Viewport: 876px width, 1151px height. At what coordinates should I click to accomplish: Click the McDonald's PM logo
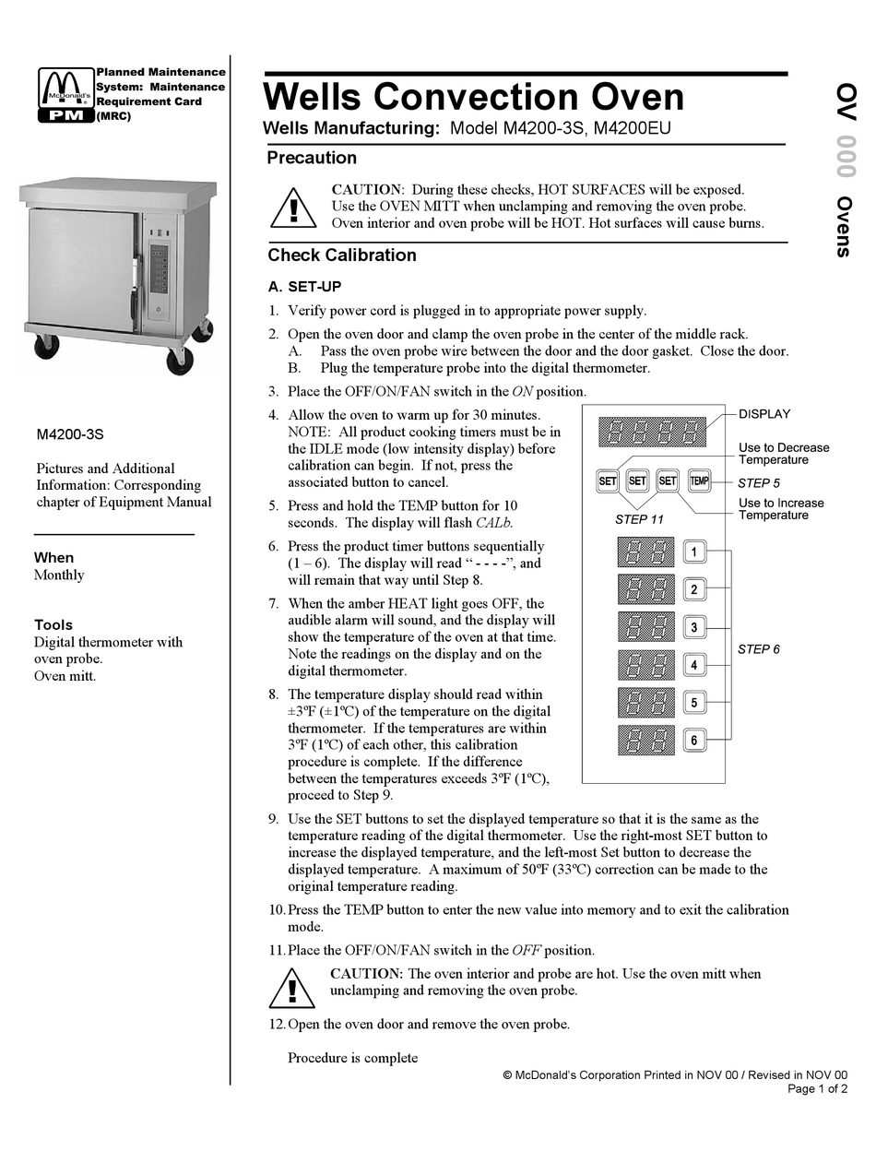click(65, 95)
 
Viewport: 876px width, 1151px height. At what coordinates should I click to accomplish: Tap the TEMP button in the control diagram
click(699, 481)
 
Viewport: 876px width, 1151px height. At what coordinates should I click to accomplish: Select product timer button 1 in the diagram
click(694, 552)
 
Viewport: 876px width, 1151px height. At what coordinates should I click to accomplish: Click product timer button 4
click(694, 665)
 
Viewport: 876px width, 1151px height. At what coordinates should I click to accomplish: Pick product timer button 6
click(694, 740)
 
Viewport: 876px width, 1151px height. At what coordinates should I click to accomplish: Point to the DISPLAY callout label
click(764, 414)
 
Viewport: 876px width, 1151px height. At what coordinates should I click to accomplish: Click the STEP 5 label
click(759, 482)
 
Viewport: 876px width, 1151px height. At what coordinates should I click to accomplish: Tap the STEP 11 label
click(639, 519)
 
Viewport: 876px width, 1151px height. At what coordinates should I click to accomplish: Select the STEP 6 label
click(759, 649)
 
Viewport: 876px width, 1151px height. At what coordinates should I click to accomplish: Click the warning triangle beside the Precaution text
click(293, 208)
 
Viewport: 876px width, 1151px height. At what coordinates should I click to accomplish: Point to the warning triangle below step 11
click(292, 988)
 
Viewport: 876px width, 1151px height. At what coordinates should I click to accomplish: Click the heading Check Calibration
click(342, 255)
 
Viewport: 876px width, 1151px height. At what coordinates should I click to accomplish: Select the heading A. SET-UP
click(304, 287)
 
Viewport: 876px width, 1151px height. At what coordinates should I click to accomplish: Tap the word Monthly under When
click(59, 575)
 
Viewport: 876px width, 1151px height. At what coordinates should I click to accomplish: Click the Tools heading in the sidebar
click(53, 624)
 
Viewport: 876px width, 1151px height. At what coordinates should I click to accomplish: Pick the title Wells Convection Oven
click(474, 97)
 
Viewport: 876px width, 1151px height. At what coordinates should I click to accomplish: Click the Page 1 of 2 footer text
click(818, 1089)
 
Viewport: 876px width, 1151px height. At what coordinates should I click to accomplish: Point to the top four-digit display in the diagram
click(652, 433)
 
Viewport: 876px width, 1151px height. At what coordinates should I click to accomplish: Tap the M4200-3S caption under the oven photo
click(70, 433)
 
